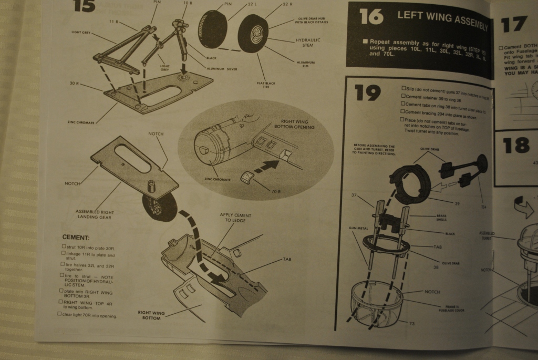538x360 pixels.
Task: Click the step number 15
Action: click(x=85, y=7)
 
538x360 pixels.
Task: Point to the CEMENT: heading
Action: click(x=76, y=238)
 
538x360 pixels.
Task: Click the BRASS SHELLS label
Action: click(x=441, y=218)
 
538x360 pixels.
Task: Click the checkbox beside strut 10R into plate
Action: click(x=63, y=246)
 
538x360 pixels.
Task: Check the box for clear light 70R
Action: click(x=59, y=314)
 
